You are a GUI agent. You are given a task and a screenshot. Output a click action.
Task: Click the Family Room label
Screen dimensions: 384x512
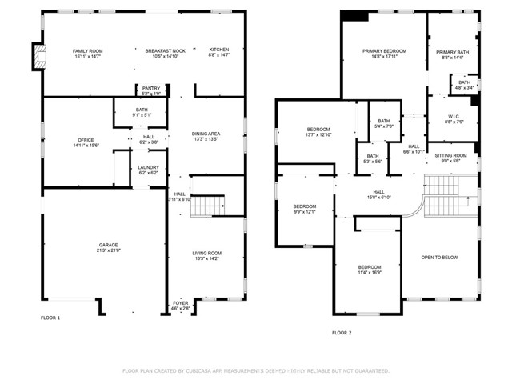[88, 50]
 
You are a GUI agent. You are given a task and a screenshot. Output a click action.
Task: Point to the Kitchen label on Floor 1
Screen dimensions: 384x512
[219, 50]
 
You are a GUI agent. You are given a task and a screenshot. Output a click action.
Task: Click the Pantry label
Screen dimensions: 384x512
[150, 88]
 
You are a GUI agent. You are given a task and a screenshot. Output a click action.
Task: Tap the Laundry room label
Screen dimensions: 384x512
[149, 167]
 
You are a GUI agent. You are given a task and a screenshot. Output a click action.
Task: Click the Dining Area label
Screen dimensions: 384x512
[206, 134]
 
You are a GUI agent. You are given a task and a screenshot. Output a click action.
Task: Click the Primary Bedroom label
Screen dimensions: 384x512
[384, 50]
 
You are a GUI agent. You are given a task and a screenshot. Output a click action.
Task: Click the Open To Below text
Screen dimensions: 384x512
[439, 257]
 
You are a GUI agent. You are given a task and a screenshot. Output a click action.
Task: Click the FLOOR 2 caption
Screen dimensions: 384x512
[342, 332]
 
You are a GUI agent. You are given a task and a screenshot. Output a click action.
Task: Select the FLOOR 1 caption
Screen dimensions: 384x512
[50, 318]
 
